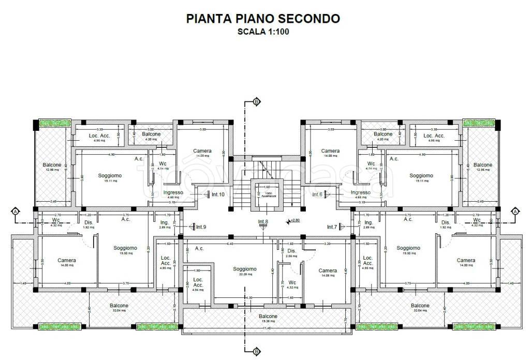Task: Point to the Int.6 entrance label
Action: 317,194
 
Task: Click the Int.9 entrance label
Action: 201,227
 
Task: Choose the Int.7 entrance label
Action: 332,227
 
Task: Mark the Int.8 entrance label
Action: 263,222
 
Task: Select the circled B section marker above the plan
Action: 256,102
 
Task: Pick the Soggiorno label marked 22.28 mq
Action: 244,269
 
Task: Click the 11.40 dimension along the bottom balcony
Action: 267,328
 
